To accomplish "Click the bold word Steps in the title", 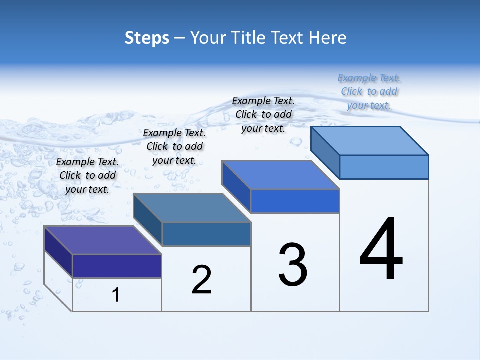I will click(x=147, y=38).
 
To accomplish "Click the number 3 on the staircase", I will click(x=293, y=265).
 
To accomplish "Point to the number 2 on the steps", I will click(x=202, y=280).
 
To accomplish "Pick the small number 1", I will click(x=116, y=295).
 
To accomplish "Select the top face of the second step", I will click(x=192, y=207).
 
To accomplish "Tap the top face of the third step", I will click(x=281, y=175).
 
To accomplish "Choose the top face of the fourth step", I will click(x=370, y=140).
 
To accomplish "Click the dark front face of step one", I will click(x=117, y=266).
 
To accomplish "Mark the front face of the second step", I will click(x=206, y=234).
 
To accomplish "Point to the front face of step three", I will click(x=295, y=201).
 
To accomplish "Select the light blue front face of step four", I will click(x=384, y=167).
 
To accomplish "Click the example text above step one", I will click(x=87, y=176).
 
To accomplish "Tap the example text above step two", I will click(x=174, y=147).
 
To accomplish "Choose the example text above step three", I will click(x=263, y=115).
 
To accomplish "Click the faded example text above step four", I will click(x=369, y=92).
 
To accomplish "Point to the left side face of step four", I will click(x=325, y=152).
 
